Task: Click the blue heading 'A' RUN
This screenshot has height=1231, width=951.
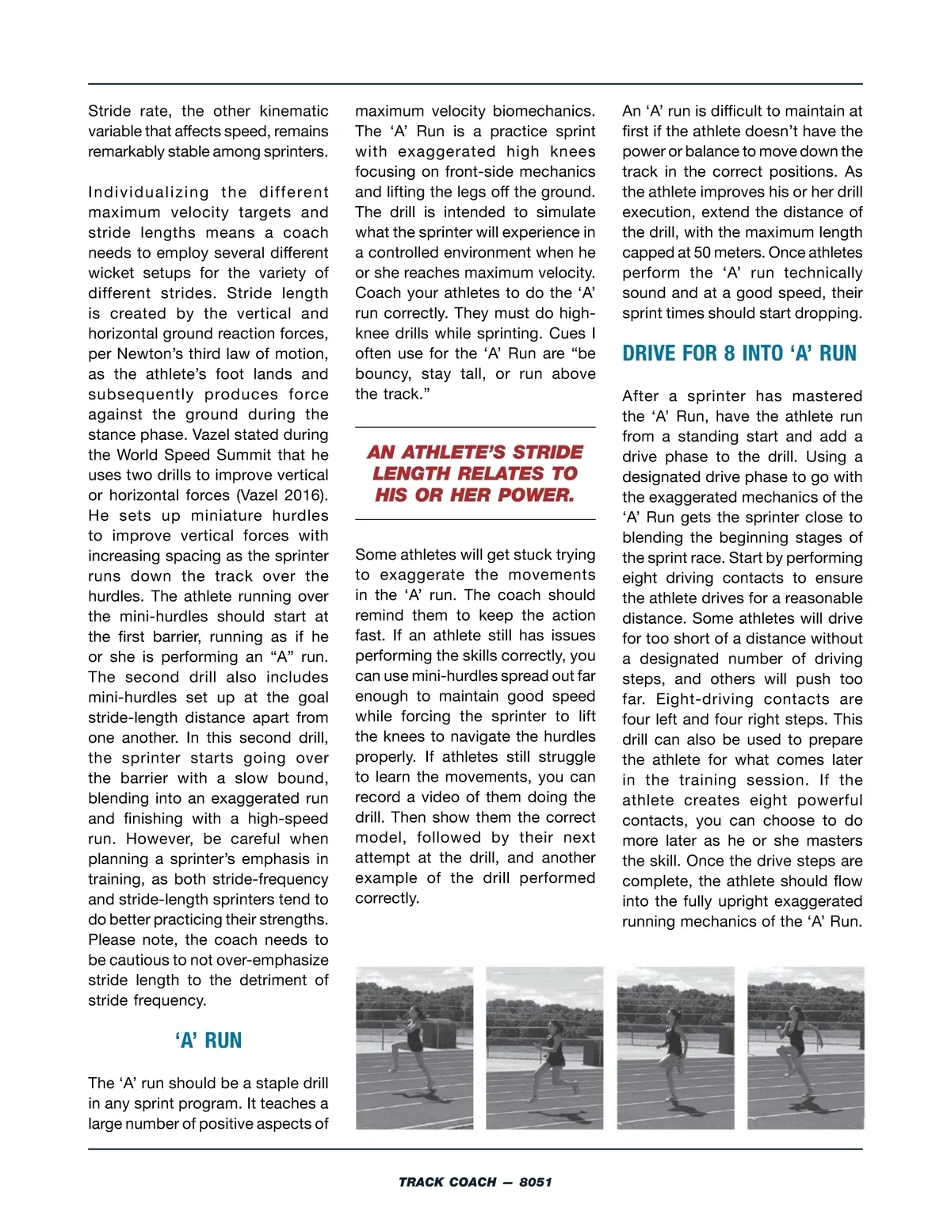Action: point(208,1040)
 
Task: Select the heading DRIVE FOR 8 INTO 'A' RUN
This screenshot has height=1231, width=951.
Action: point(739,353)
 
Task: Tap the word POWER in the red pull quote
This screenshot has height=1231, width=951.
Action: point(535,495)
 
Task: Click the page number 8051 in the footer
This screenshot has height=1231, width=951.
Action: point(536,1182)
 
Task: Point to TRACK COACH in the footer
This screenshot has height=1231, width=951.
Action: point(448,1182)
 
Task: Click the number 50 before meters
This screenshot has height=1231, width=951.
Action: point(702,252)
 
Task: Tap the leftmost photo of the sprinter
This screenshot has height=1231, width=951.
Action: point(414,1047)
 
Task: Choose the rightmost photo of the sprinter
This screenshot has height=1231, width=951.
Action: point(806,1047)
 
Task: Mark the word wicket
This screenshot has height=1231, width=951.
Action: point(111,273)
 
